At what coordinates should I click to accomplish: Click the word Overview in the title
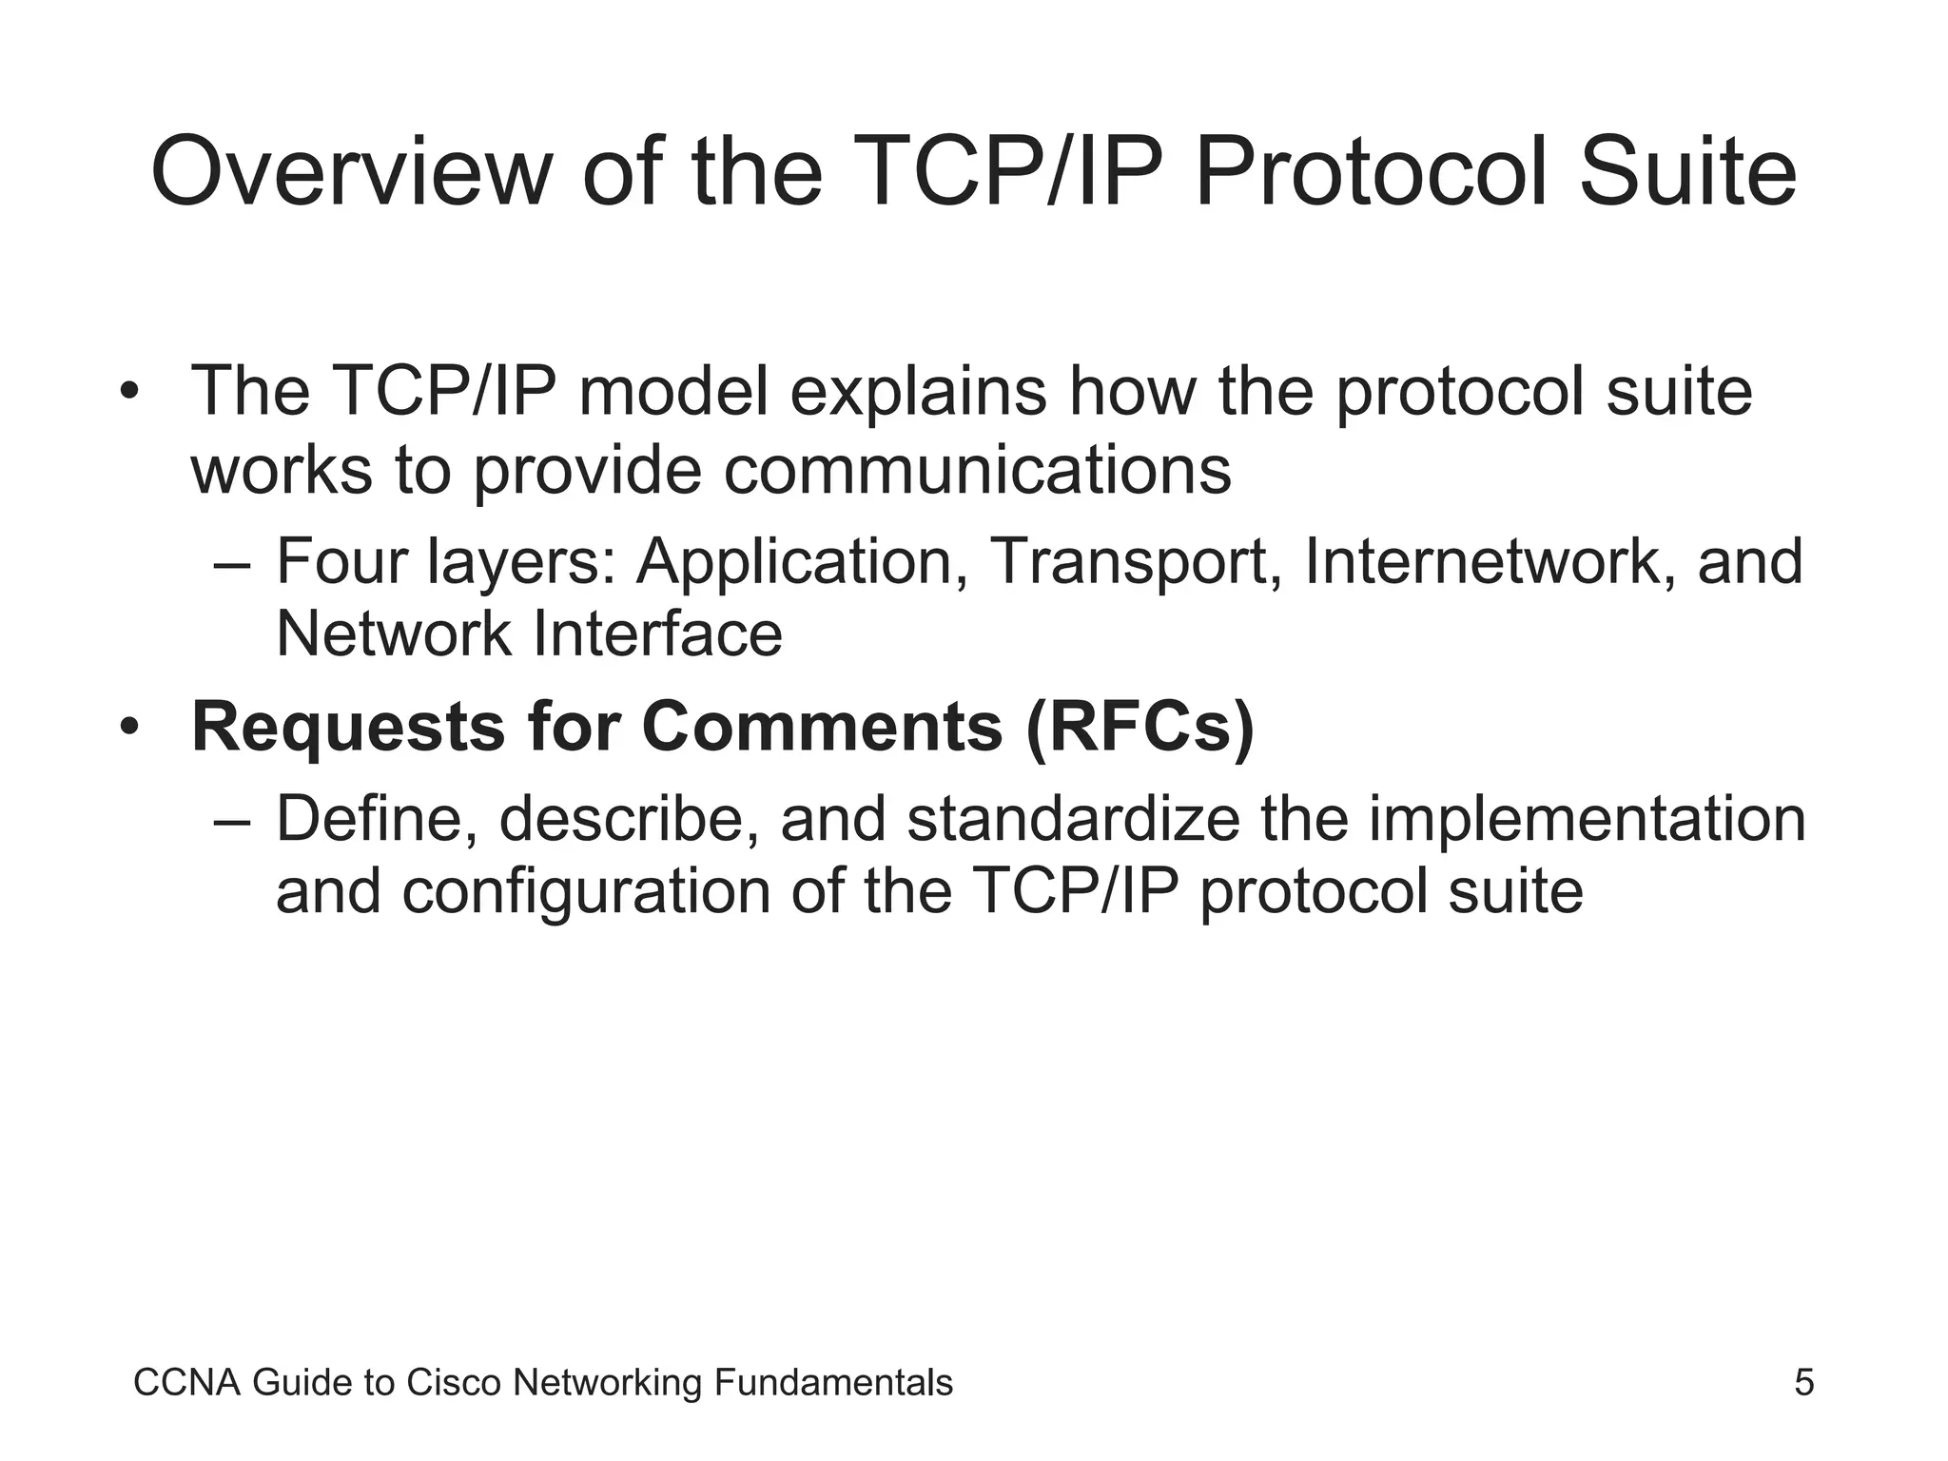tap(351, 172)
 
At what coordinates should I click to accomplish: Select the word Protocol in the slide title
tap(1369, 172)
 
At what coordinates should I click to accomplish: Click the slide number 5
tap(1803, 1382)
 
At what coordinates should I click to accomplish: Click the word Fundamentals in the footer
tap(832, 1382)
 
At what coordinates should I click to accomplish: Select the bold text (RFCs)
tap(1140, 727)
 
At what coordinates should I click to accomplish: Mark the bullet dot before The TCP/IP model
tap(129, 393)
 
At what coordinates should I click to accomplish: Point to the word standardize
tap(1073, 819)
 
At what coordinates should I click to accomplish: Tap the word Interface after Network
tap(657, 634)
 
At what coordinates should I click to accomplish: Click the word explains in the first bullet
tap(918, 393)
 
